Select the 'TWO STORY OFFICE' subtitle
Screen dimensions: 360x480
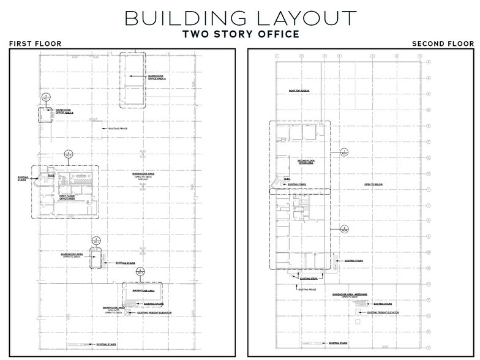point(240,34)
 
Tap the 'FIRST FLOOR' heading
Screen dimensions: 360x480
point(31,44)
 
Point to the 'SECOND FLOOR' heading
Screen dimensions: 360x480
point(443,44)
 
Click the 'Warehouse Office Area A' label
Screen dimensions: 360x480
point(157,78)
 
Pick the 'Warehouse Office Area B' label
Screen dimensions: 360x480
point(64,111)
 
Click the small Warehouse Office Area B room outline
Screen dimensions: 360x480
point(45,114)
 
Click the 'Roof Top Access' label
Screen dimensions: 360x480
point(299,91)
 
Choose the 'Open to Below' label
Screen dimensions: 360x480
point(373,184)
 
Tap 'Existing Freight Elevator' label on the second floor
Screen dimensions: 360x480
point(383,312)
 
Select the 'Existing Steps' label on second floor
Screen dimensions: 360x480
point(308,279)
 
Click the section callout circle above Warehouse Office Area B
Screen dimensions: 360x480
point(45,97)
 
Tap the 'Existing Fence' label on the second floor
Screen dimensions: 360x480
point(307,290)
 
